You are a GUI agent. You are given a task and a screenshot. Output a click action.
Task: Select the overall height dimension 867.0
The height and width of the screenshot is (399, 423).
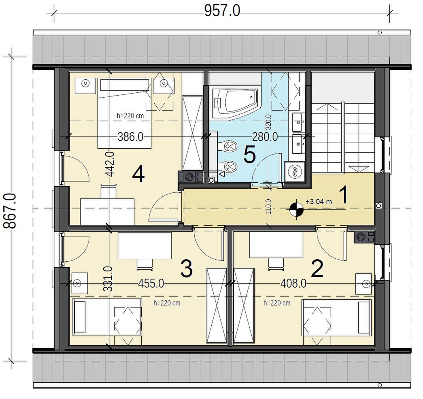pyautogui.click(x=10, y=211)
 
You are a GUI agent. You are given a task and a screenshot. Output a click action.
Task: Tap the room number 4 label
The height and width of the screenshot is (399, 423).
pyautogui.click(x=138, y=175)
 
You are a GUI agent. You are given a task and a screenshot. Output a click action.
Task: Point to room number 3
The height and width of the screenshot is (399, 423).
pyautogui.click(x=187, y=269)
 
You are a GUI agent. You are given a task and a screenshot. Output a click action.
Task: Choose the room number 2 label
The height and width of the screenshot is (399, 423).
pyautogui.click(x=317, y=269)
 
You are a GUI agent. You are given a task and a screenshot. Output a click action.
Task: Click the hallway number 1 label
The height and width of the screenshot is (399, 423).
pyautogui.click(x=344, y=195)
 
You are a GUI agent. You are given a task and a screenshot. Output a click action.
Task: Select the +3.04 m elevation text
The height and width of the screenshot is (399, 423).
pyautogui.click(x=319, y=201)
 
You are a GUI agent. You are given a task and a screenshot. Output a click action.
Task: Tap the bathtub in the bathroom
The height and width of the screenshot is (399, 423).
pyautogui.click(x=234, y=104)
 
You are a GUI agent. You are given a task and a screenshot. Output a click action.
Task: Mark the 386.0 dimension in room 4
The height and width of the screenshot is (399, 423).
pyautogui.click(x=130, y=137)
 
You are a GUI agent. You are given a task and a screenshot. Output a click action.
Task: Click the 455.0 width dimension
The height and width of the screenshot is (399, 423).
pyautogui.click(x=151, y=284)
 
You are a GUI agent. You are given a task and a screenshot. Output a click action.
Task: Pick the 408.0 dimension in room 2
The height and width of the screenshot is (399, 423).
pyautogui.click(x=293, y=284)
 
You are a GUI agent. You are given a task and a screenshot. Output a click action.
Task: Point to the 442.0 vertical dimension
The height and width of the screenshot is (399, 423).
pyautogui.click(x=110, y=164)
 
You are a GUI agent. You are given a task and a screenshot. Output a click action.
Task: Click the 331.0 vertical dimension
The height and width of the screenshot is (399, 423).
pyautogui.click(x=108, y=279)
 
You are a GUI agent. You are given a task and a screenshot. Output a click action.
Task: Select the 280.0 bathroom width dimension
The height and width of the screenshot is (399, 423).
pyautogui.click(x=265, y=137)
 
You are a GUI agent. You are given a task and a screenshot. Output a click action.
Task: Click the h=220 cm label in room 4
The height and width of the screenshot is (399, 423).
pyautogui.click(x=130, y=116)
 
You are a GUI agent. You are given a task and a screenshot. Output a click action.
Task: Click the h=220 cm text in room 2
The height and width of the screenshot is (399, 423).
pyautogui.click(x=277, y=303)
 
